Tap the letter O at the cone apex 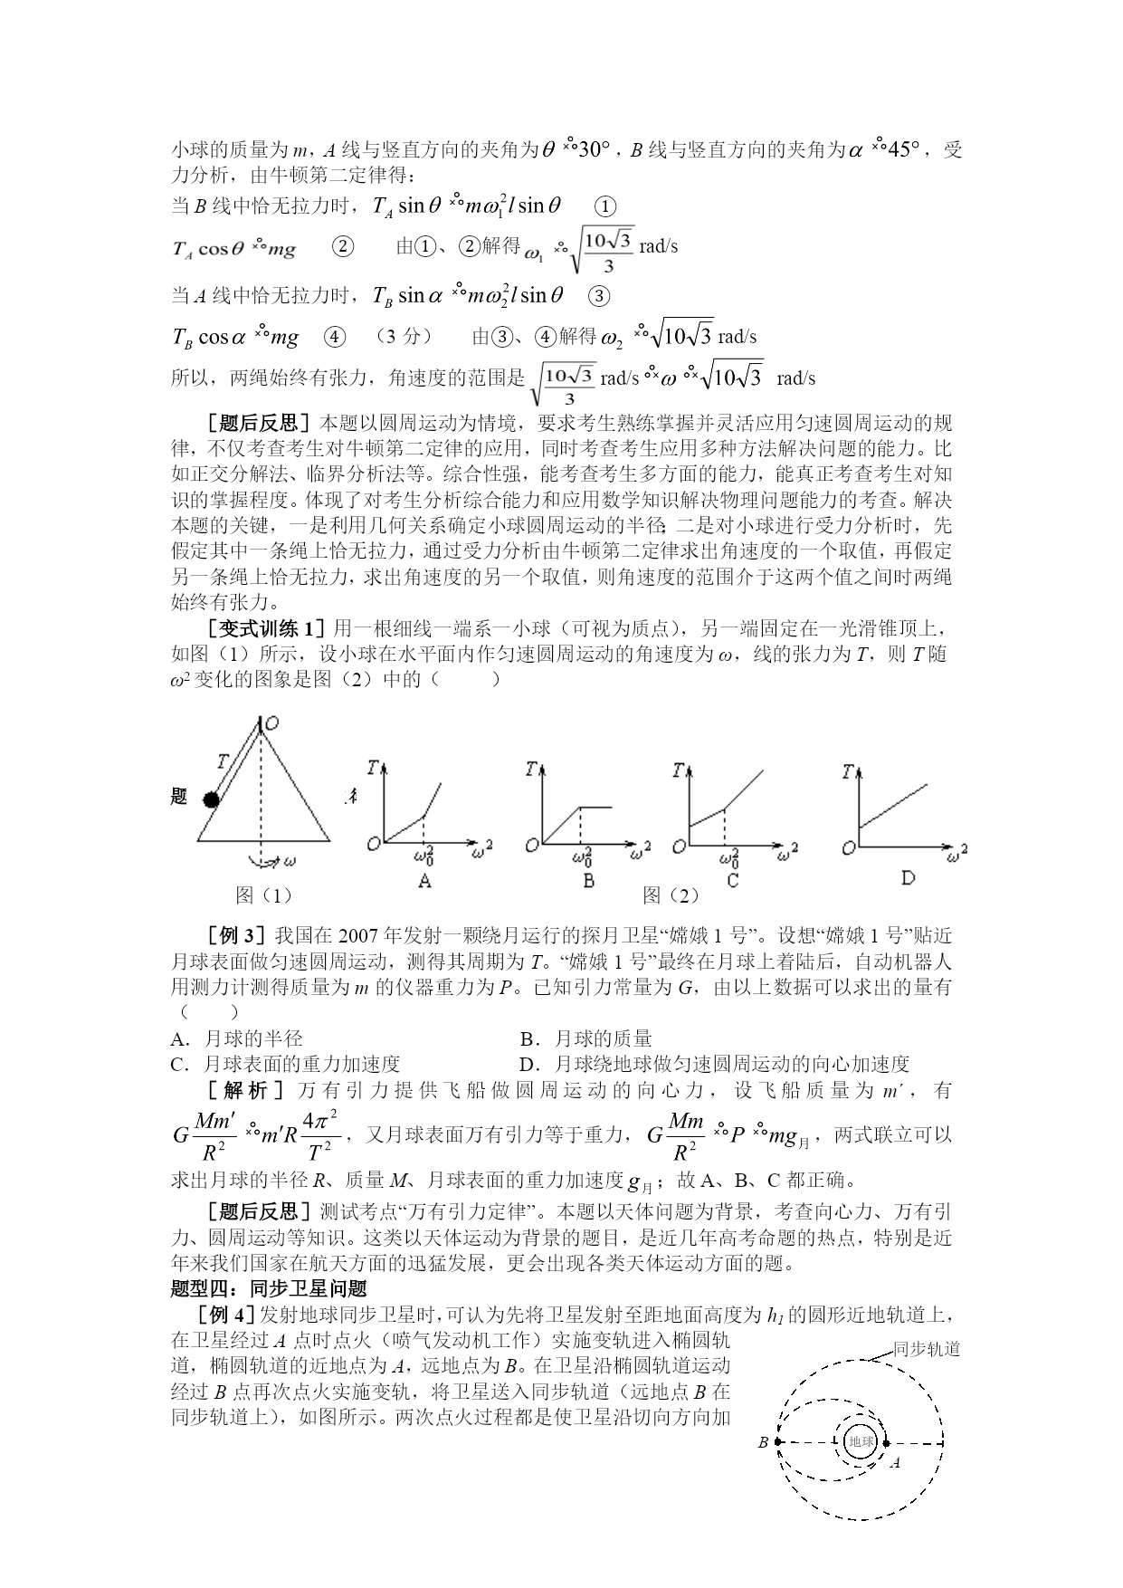coord(271,722)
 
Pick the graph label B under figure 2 coord(589,880)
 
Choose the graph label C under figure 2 coord(733,880)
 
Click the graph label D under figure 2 coord(908,877)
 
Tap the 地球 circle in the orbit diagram coord(860,1442)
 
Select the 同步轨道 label coord(926,1349)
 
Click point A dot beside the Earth coord(886,1443)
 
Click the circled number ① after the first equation coord(609,207)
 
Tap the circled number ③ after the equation coord(599,296)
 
